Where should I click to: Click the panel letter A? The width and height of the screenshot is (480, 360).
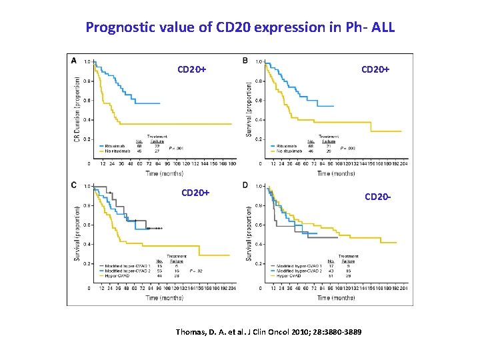[x=73, y=61]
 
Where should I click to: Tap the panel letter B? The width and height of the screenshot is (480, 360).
[x=245, y=61]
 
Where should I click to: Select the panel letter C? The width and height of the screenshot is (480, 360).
[x=73, y=185]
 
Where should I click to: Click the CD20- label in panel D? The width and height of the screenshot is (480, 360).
[x=377, y=197]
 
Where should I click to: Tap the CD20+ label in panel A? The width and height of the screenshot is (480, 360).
[x=193, y=69]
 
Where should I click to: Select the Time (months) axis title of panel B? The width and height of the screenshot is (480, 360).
[x=335, y=174]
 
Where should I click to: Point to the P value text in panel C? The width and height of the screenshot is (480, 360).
[x=195, y=271]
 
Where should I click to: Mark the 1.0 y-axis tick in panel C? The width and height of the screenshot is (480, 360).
[x=86, y=186]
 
